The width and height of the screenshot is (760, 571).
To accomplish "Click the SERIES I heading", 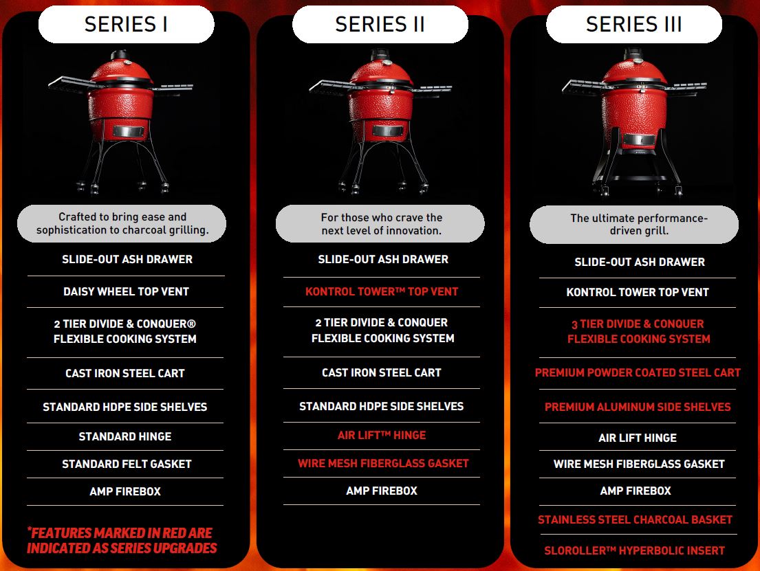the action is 126,24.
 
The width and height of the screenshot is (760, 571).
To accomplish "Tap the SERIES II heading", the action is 380,24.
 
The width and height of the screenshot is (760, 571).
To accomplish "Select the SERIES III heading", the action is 634,24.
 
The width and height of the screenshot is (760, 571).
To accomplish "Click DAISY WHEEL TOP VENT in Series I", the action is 126,291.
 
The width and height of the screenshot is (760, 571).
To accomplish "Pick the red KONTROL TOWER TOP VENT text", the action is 382,291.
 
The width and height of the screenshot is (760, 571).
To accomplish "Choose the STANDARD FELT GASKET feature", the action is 127,464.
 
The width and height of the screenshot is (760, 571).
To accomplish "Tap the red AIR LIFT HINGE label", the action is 382,435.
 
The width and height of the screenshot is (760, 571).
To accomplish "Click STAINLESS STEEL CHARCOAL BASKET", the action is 635,519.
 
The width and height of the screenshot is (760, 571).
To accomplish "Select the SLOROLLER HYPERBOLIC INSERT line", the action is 634,550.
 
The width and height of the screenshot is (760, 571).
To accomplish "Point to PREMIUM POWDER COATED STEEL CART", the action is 638,372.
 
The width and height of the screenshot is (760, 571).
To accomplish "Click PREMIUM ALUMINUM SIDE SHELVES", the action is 638,407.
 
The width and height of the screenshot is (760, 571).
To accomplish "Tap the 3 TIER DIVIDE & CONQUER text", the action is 638,324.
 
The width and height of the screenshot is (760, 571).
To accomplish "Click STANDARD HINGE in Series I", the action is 125,436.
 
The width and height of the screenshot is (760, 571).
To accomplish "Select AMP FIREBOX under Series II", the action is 382,491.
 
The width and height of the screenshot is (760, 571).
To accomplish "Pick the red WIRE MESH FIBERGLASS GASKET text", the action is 383,463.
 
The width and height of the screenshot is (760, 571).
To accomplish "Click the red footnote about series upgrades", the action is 122,541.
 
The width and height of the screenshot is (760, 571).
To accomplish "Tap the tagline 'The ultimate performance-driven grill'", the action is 639,224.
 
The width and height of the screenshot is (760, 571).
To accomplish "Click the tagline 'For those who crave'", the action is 382,224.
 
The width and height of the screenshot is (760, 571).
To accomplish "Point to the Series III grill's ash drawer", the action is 639,139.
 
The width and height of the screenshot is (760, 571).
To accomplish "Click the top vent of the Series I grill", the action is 119,55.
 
